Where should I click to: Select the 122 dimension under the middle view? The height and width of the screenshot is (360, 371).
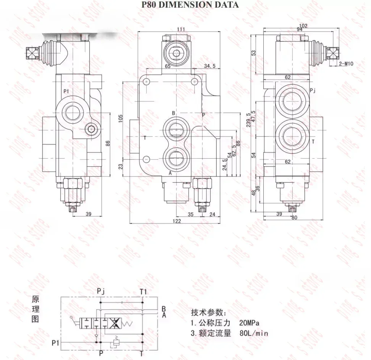[176, 222]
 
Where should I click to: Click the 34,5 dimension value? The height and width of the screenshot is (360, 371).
[210, 66]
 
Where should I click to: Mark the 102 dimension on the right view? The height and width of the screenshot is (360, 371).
[303, 26]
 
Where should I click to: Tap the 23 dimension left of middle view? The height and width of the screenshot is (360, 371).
[120, 166]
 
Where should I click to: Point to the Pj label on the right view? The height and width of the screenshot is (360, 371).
[313, 91]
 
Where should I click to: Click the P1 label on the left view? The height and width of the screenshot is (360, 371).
[66, 91]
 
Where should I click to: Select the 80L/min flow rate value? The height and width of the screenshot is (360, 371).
[254, 333]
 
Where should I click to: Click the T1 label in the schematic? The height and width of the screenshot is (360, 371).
[143, 291]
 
